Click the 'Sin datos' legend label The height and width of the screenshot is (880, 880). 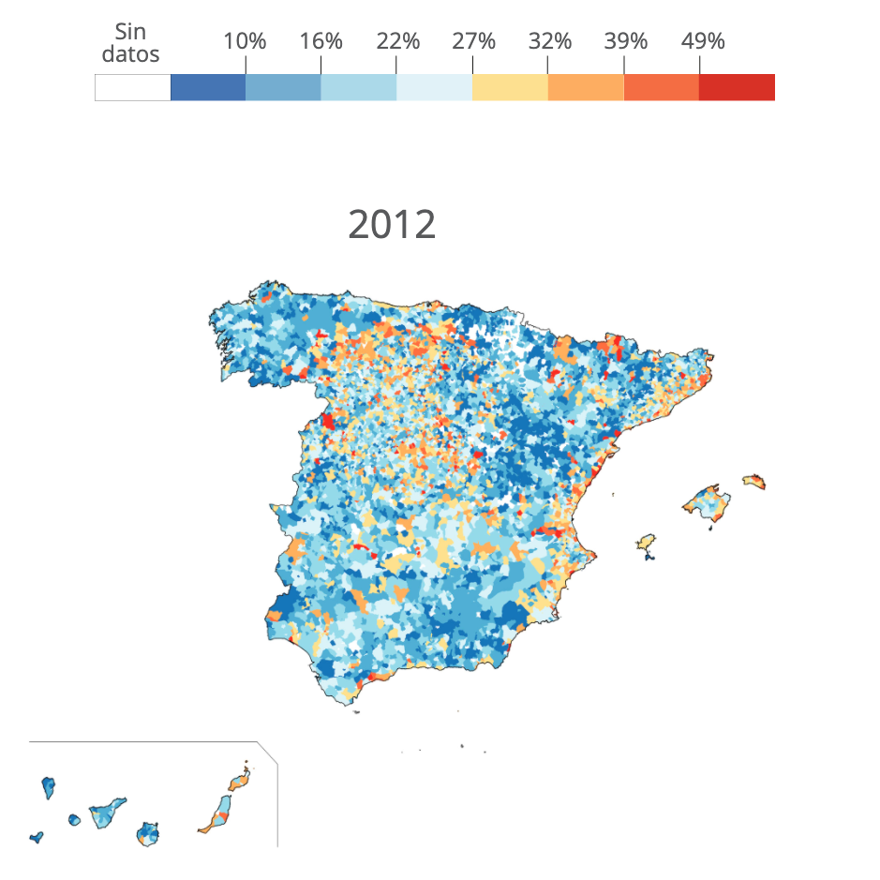130,43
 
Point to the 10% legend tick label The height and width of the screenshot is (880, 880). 245,41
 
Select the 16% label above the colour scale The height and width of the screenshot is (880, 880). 321,41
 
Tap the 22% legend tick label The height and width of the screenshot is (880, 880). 396,41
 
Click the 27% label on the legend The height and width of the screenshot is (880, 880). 472,41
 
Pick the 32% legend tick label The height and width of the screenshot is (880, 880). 548,41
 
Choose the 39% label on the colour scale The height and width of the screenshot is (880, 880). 624,41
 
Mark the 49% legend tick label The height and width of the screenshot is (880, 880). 701,41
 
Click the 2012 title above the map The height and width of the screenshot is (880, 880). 392,225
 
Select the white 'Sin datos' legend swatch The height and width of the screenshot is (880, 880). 132,87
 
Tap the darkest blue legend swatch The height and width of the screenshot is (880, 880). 208,87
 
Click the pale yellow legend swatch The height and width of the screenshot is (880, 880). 510,87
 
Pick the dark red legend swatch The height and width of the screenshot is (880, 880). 737,87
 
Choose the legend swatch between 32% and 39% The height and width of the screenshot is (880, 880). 586,87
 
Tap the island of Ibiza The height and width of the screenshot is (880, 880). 646,542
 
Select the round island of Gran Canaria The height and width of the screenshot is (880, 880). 147,832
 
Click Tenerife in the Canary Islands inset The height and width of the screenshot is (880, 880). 106,813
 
